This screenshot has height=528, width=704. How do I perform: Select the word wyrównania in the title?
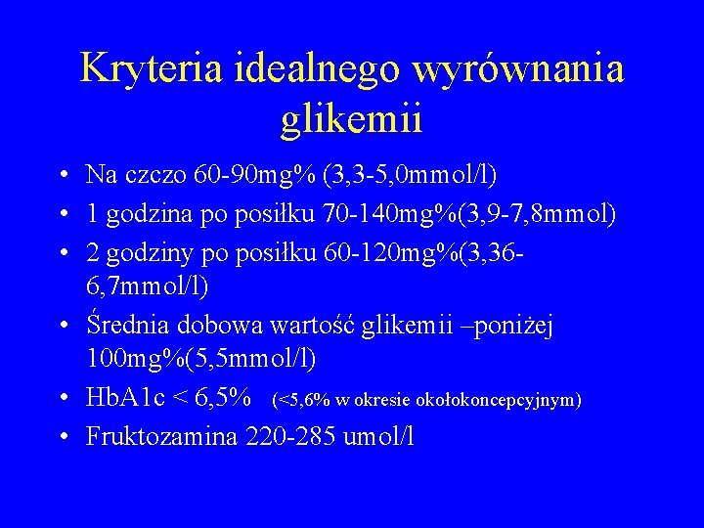(518, 68)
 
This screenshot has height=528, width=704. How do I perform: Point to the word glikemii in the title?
(351, 119)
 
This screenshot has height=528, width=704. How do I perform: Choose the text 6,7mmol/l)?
(148, 286)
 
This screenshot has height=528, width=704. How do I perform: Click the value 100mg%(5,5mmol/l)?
(201, 360)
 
